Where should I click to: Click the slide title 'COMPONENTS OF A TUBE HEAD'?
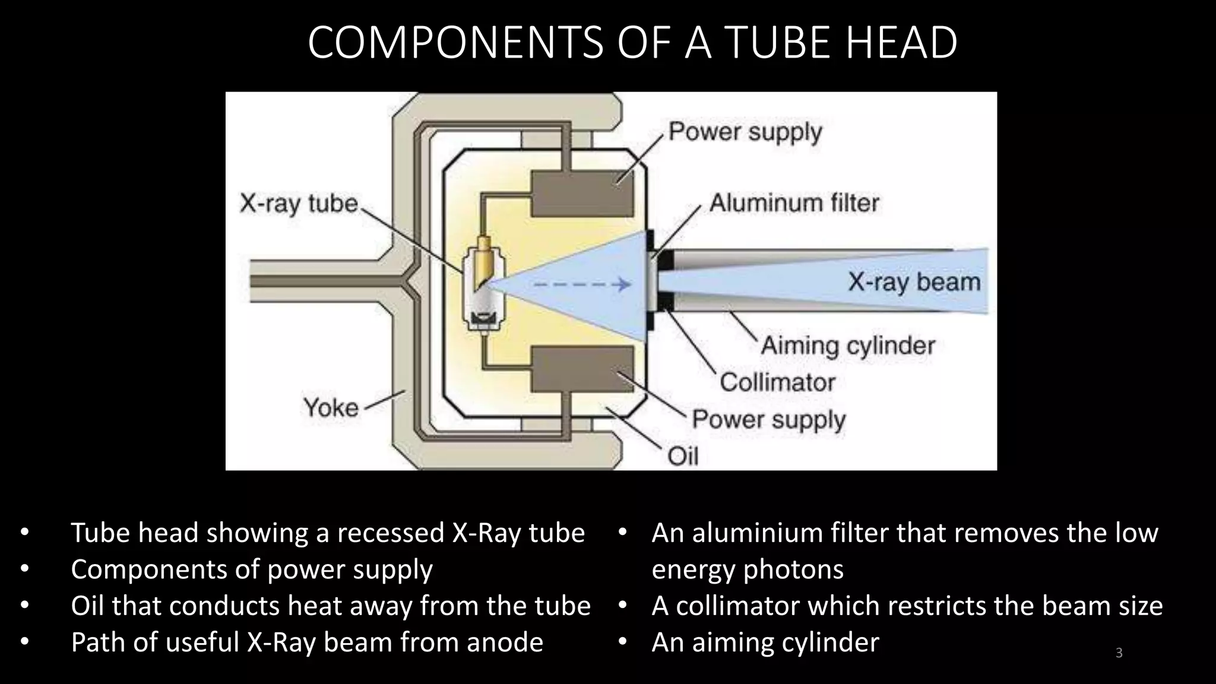632,43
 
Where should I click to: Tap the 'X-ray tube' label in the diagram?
299,204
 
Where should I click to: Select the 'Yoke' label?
331,408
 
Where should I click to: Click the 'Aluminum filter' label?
794,203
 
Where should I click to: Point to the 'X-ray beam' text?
914,282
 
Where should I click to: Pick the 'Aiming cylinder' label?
848,346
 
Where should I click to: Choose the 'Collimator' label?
777,382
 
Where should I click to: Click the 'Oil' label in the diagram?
683,457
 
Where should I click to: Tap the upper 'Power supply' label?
745,132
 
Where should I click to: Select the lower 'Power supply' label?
768,420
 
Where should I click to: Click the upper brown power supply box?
581,194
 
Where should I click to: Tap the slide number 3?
1119,653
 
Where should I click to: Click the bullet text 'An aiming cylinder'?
765,642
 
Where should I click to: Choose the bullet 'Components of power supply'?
252,569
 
